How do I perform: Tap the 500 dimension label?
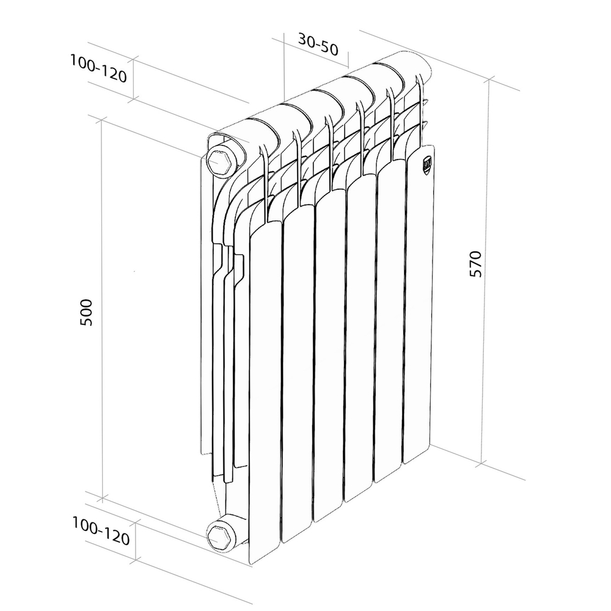87,312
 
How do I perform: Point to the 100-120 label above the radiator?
98,68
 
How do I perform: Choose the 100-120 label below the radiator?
101,531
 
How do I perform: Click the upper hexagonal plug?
218,161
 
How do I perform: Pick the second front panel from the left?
297,373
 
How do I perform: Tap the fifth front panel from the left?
390,318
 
